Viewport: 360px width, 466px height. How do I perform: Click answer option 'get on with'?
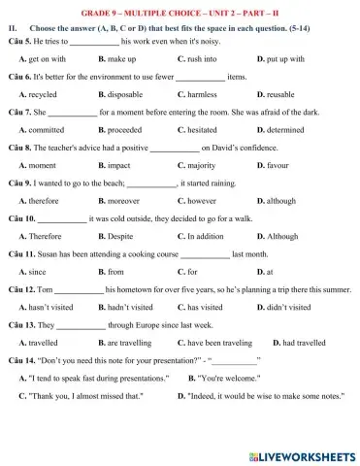[x=48, y=59]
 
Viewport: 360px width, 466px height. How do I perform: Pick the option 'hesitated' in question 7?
[x=209, y=129]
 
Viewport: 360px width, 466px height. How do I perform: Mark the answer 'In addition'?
[x=210, y=236]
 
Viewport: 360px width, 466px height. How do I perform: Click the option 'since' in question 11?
[x=38, y=272]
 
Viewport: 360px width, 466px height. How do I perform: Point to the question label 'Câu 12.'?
[x=20, y=290]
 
